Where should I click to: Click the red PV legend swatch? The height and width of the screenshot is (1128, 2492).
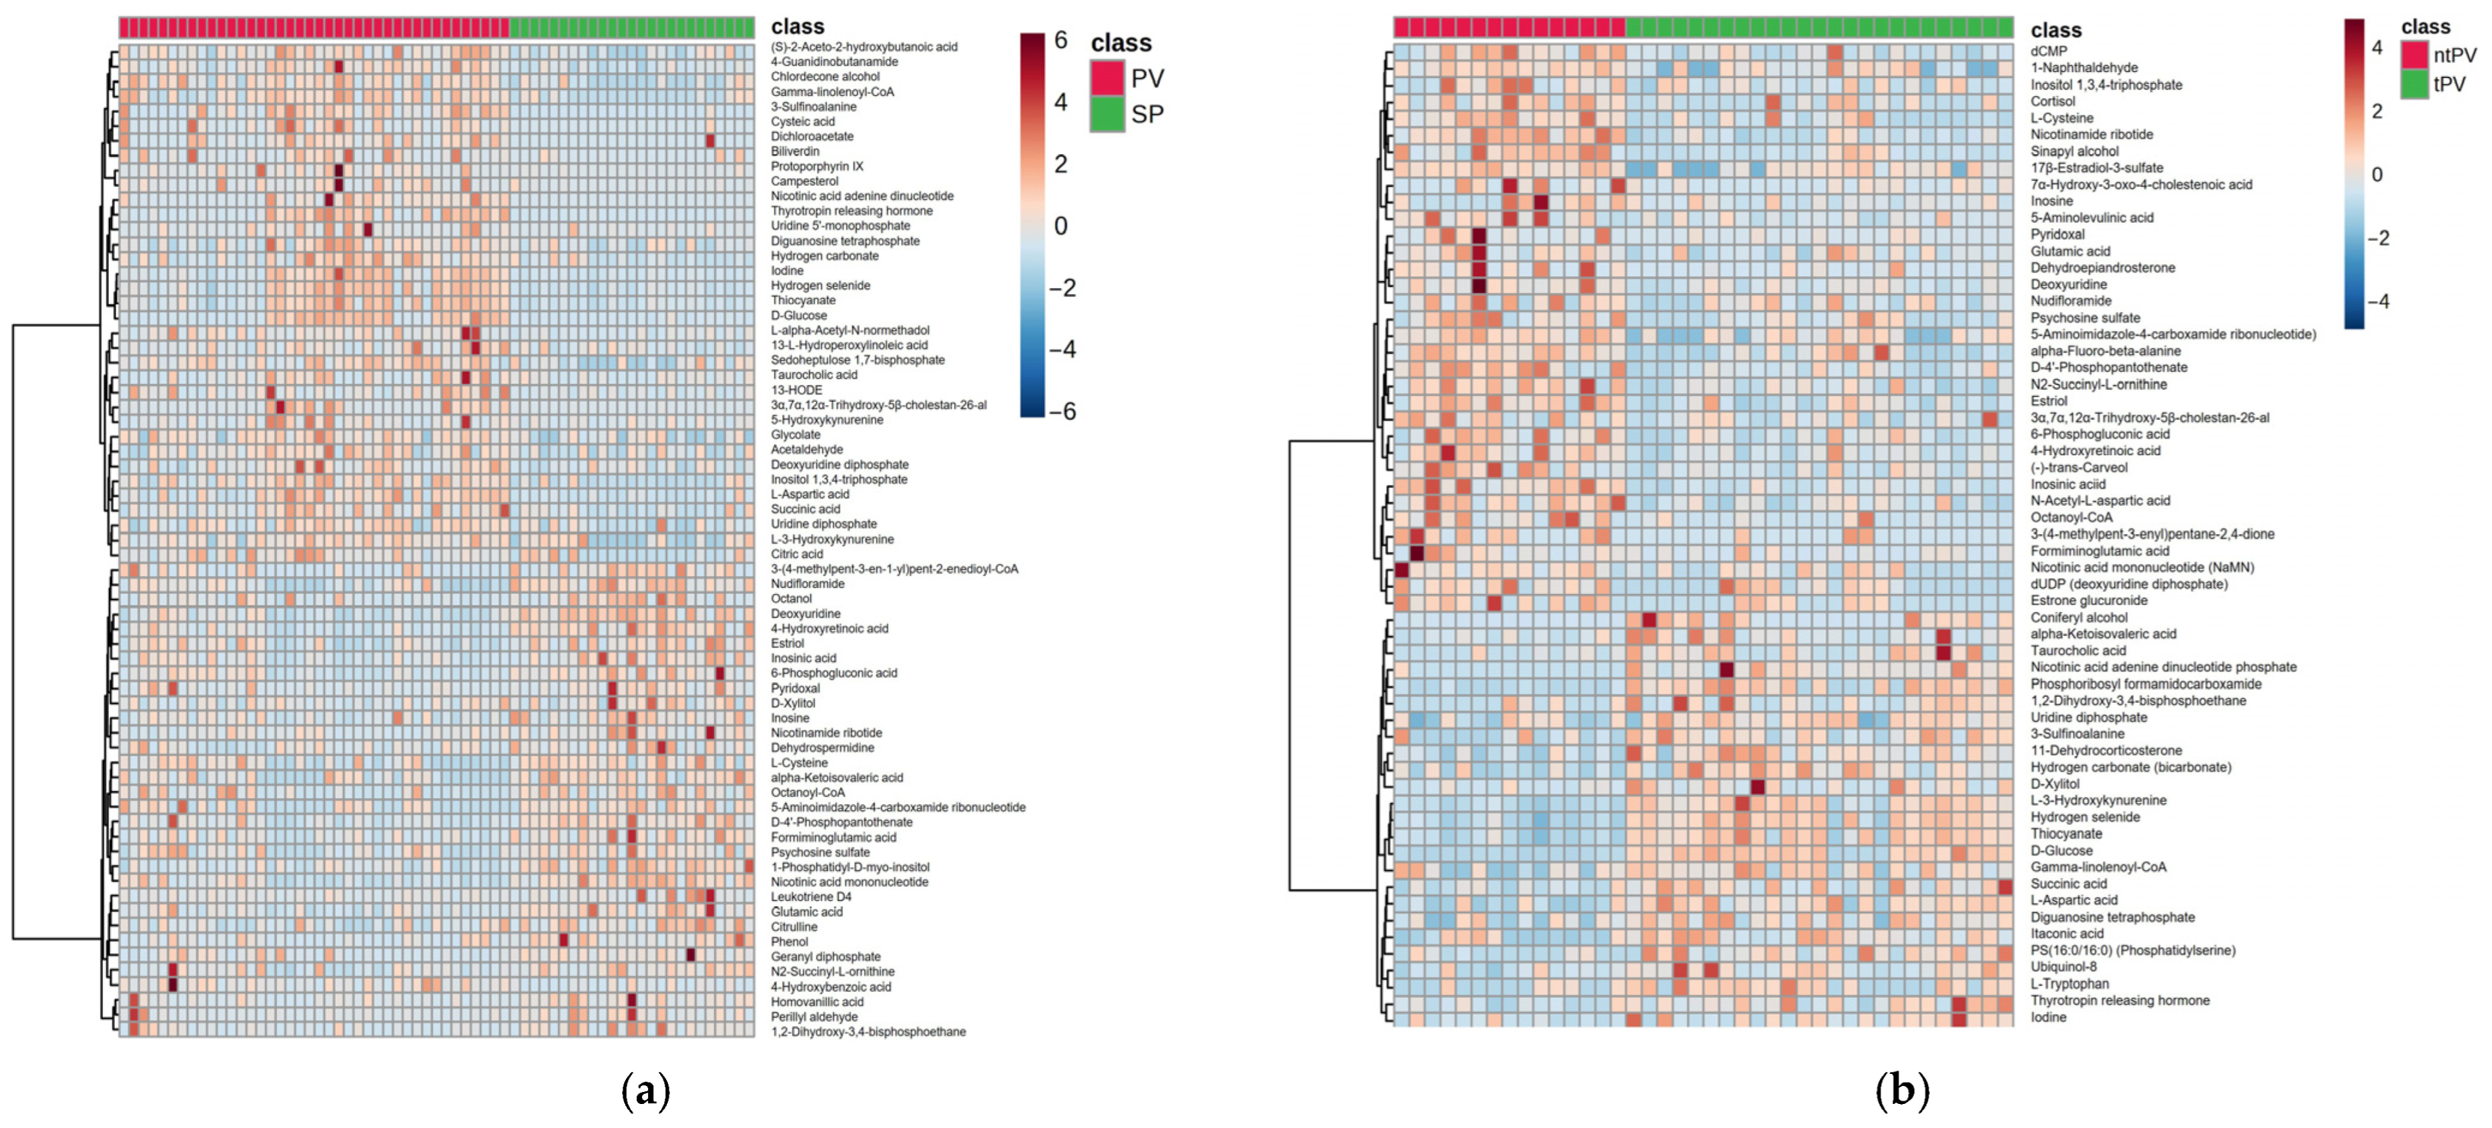click(x=1107, y=77)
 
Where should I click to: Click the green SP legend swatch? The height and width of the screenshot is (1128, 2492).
click(x=1107, y=113)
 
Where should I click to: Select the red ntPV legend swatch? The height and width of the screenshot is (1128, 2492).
click(x=2415, y=54)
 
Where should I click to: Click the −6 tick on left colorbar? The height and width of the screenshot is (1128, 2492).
click(x=1062, y=411)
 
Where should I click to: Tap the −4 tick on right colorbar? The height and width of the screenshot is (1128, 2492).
click(x=2378, y=301)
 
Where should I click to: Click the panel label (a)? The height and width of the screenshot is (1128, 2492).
click(x=645, y=1090)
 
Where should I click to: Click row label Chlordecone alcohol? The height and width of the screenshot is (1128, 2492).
click(x=824, y=77)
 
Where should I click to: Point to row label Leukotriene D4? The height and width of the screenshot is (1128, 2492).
click(x=811, y=897)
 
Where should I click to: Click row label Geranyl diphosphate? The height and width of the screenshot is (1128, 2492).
click(x=825, y=956)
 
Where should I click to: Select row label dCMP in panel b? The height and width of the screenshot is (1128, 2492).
click(x=2048, y=51)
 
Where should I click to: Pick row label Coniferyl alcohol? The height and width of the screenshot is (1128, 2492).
click(x=2078, y=617)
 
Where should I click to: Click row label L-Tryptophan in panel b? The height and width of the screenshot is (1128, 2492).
click(x=2070, y=984)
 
